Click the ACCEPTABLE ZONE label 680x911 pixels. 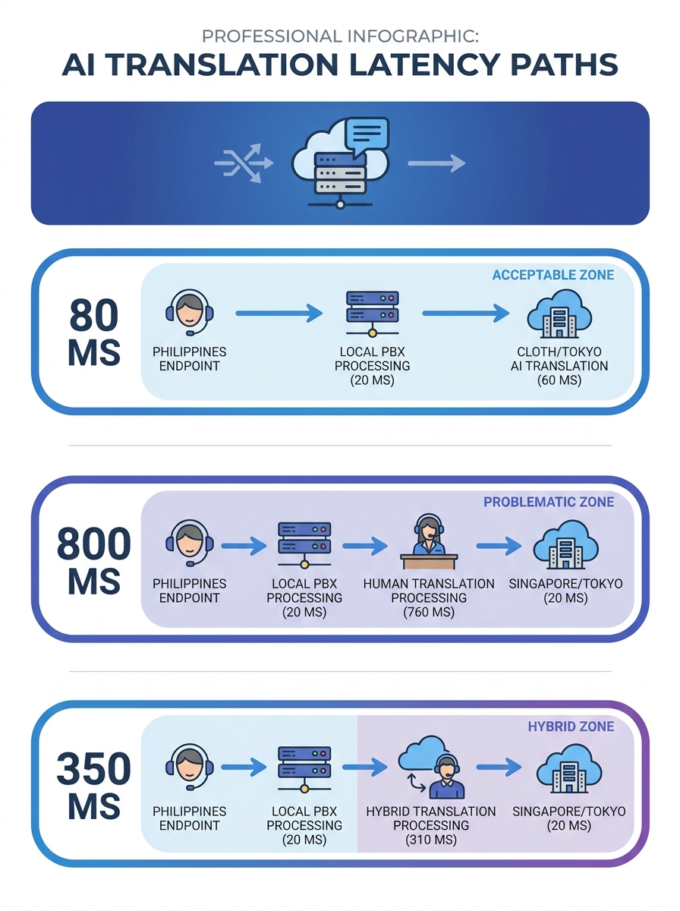coord(552,275)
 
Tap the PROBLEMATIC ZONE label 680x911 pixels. coord(549,502)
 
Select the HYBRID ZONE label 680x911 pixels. coord(571,727)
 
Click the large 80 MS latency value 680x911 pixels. coord(94,333)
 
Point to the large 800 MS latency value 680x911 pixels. coord(94,561)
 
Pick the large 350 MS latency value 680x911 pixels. coord(94,786)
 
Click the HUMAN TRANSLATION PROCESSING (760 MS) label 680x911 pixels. coord(429,597)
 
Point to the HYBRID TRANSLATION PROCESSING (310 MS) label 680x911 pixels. coord(430,825)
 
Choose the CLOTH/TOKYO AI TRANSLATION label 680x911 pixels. coord(562,366)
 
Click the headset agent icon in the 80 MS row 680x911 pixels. coord(189,312)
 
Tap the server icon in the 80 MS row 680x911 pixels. coord(372,312)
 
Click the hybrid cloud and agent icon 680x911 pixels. coord(433,767)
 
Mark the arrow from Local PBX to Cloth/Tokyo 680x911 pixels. coord(464,312)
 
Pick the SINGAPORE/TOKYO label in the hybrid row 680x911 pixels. coord(568,818)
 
